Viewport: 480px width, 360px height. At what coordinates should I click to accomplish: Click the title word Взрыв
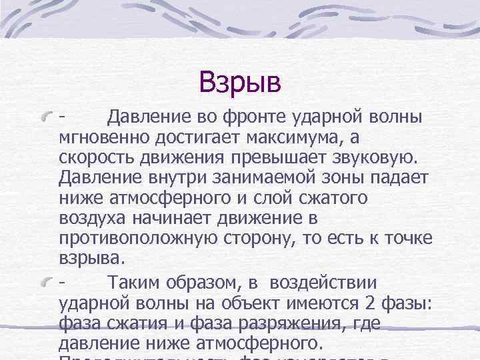pyautogui.click(x=240, y=83)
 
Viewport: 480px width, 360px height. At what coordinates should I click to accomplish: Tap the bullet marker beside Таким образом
pyautogui.click(x=47, y=283)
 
